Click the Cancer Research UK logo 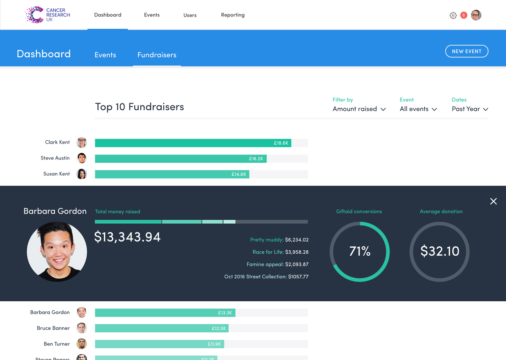pyautogui.click(x=48, y=15)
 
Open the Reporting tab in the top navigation pyautogui.click(x=233, y=15)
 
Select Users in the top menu pyautogui.click(x=190, y=15)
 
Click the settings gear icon pyautogui.click(x=453, y=16)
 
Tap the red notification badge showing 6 pyautogui.click(x=464, y=15)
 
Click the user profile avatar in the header pyautogui.click(x=476, y=15)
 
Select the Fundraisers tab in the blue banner pyautogui.click(x=157, y=55)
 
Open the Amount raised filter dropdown pyautogui.click(x=359, y=109)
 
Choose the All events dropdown pyautogui.click(x=418, y=109)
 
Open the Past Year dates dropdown pyautogui.click(x=470, y=109)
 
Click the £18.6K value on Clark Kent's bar pyautogui.click(x=281, y=143)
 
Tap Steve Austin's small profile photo pyautogui.click(x=82, y=158)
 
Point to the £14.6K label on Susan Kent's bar pyautogui.click(x=239, y=174)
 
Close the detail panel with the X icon pyautogui.click(x=493, y=201)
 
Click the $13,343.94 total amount pyautogui.click(x=128, y=237)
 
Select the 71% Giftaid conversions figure pyautogui.click(x=360, y=251)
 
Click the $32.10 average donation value pyautogui.click(x=440, y=251)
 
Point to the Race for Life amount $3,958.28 pyautogui.click(x=297, y=252)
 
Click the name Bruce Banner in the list pyautogui.click(x=53, y=328)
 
